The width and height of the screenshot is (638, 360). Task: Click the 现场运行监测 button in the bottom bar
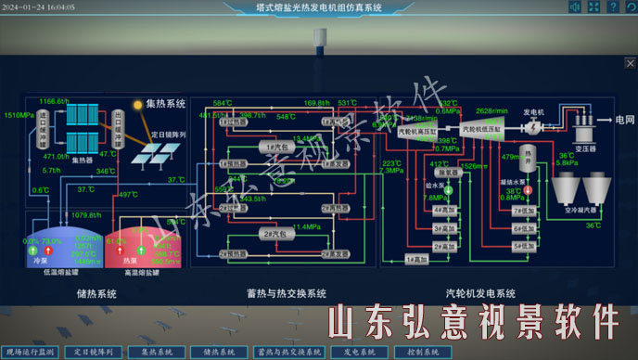32,353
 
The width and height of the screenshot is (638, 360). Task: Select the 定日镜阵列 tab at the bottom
93,353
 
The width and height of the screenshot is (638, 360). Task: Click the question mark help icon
596,7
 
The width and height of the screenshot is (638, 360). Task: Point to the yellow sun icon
137,105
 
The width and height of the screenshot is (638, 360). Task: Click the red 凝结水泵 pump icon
528,190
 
